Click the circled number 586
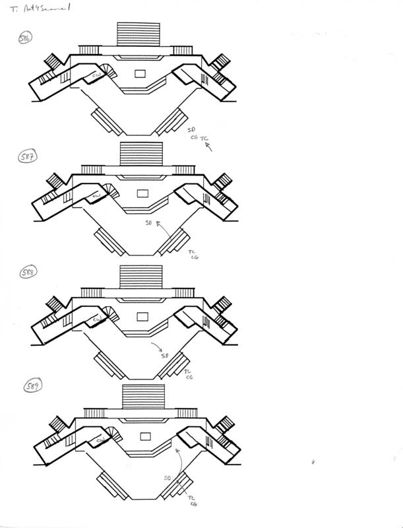pos(24,38)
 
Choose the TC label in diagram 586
pos(204,139)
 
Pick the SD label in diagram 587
pos(150,224)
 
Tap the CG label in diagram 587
pos(195,258)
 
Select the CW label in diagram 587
pos(96,196)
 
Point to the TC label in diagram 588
pos(189,372)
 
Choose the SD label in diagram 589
pos(168,477)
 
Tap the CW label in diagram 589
pos(101,440)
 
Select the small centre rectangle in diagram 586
pos(140,74)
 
